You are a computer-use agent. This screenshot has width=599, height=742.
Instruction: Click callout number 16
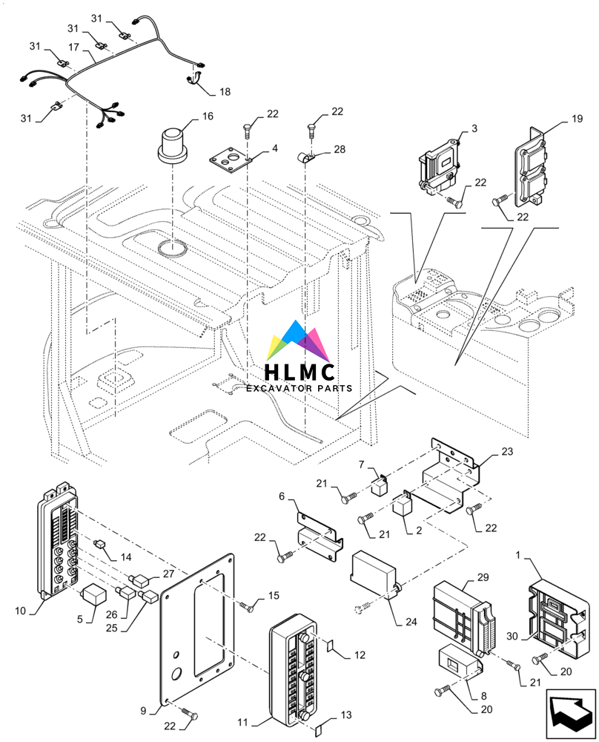(x=208, y=116)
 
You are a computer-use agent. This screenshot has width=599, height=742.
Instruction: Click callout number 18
(x=225, y=92)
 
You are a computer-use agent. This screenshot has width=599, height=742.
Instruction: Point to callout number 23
(x=506, y=451)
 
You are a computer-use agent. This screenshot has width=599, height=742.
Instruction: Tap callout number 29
(x=483, y=577)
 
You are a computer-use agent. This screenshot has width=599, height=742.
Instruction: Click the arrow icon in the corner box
(x=570, y=714)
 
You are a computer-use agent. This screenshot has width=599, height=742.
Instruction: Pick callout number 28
(x=340, y=150)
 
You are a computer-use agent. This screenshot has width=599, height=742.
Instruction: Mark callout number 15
(x=274, y=596)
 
